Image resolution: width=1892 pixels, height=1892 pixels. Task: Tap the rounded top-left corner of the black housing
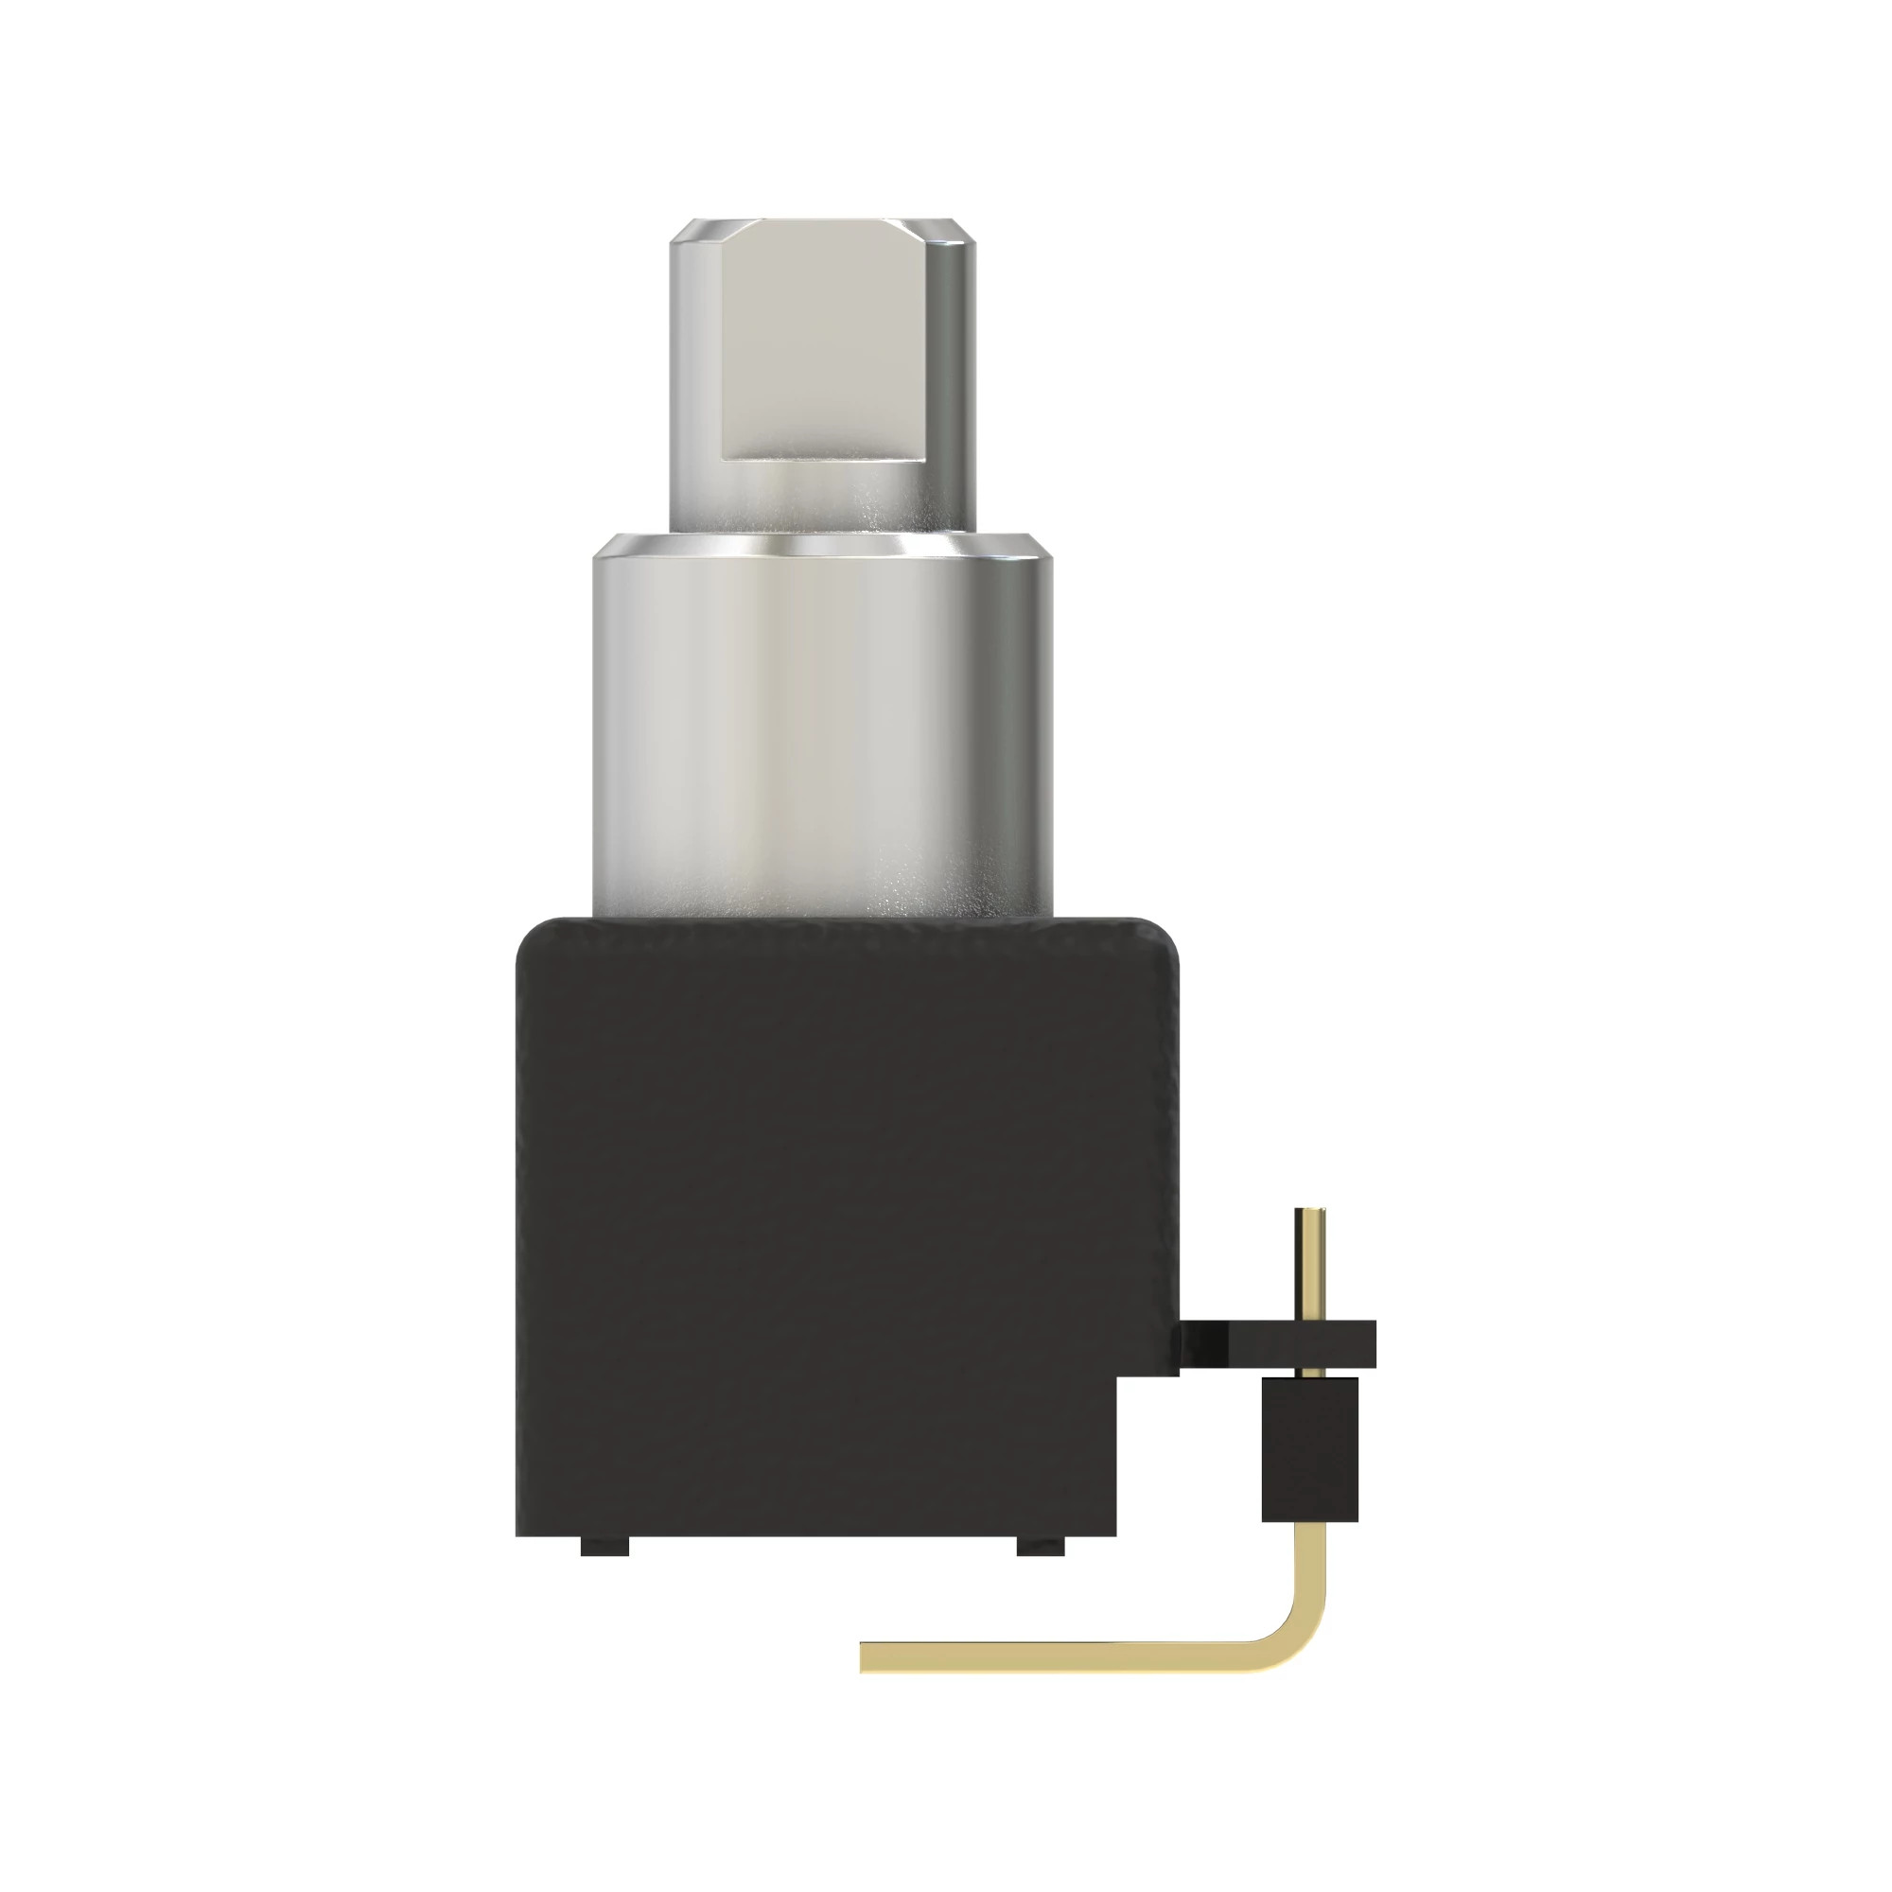click(x=534, y=936)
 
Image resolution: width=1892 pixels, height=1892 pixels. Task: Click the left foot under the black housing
click(x=604, y=1548)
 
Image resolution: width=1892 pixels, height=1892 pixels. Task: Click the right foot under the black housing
click(x=1041, y=1548)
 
